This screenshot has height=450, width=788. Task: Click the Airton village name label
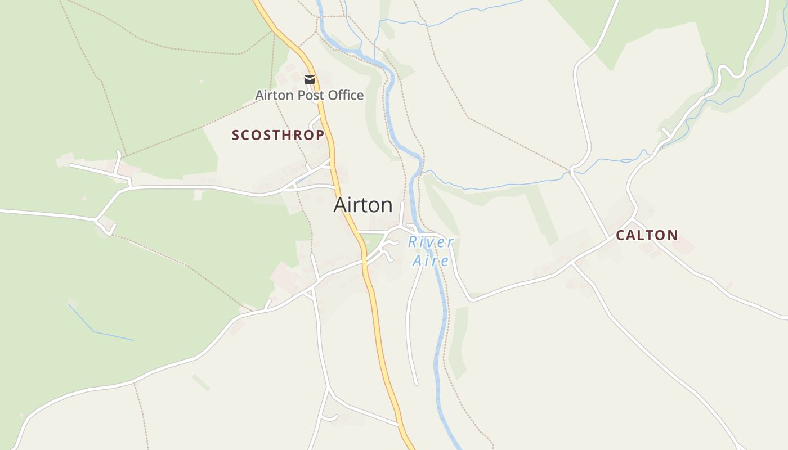[x=363, y=205]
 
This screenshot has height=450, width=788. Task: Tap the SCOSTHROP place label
[x=278, y=135]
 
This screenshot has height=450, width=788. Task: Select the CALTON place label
[x=647, y=235]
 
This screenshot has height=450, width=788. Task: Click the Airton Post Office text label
[x=309, y=95]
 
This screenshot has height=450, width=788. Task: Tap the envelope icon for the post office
[x=310, y=79]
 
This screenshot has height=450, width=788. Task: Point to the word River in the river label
[x=431, y=242]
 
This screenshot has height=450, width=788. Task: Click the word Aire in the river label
[x=431, y=260]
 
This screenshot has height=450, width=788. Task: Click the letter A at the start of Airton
[x=339, y=205]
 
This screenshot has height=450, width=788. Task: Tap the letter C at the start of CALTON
[x=620, y=235]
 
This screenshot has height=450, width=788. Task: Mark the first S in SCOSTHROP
[x=236, y=135]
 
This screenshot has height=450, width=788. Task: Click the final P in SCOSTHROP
[x=320, y=135]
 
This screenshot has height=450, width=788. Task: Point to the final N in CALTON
[x=673, y=235]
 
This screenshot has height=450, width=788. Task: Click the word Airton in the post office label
[x=274, y=95]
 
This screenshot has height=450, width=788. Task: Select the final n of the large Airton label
[x=387, y=206]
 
